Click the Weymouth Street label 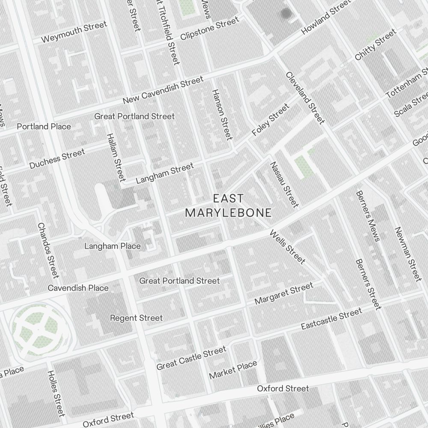74,33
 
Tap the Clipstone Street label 209,29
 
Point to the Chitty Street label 375,45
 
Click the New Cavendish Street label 163,90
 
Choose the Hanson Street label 222,114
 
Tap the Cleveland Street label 305,98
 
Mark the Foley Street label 270,121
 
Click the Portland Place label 44,126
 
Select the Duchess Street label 57,158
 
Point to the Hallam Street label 116,156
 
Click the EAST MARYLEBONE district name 228,205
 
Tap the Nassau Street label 284,184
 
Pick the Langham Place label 112,246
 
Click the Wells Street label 288,247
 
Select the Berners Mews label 367,216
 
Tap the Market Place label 233,370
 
